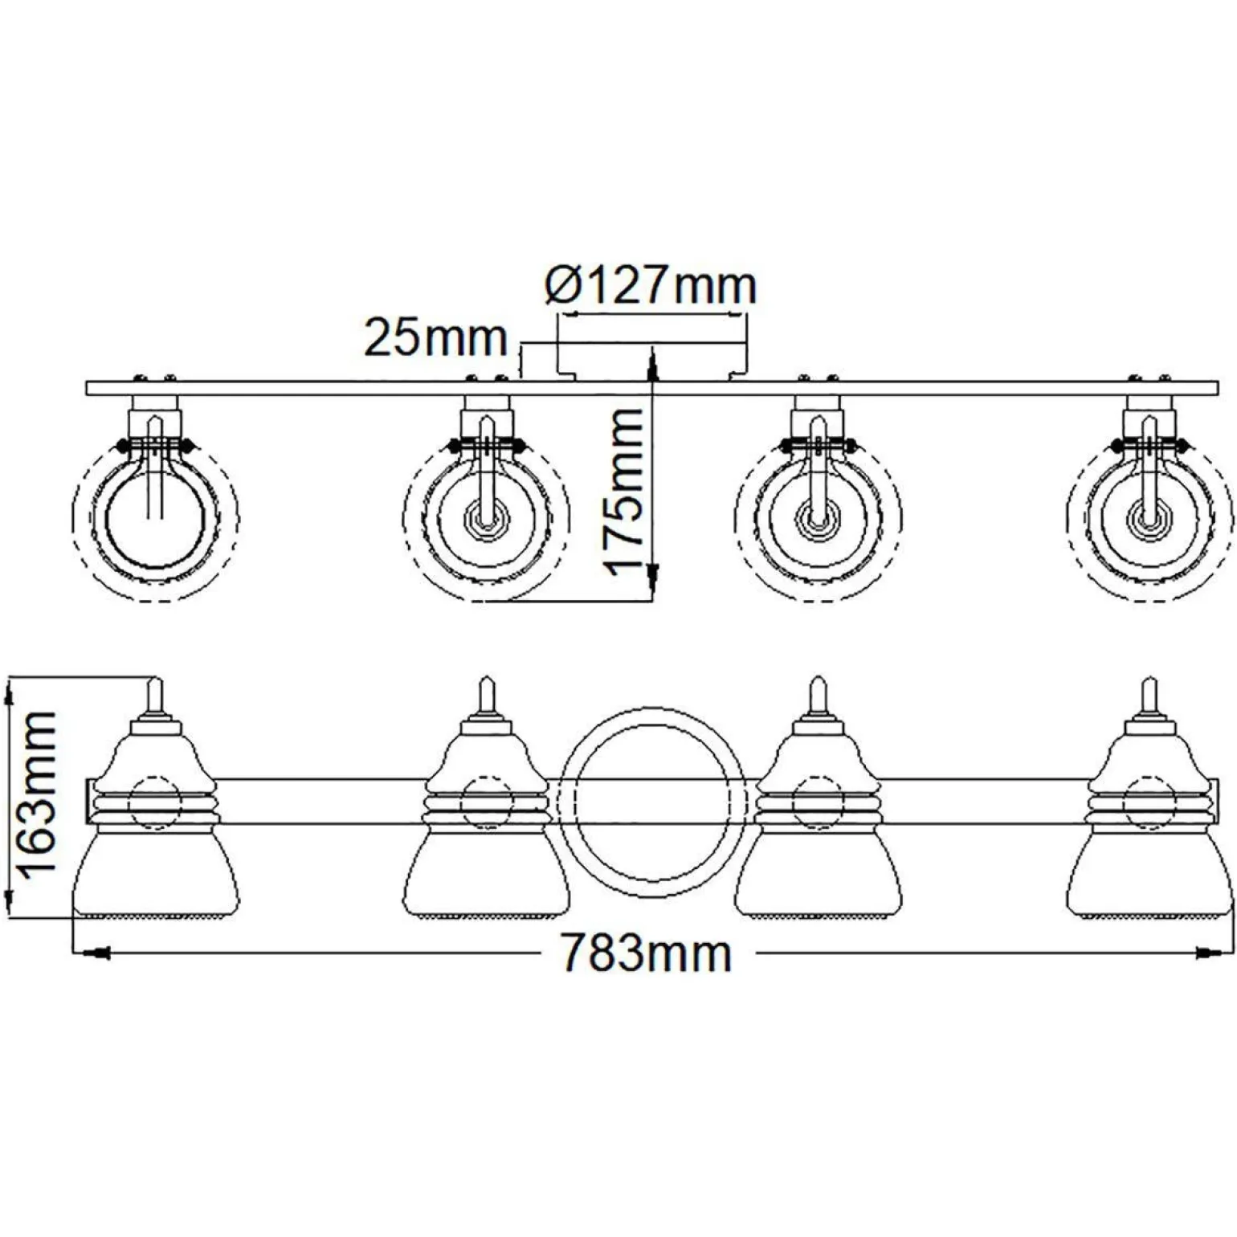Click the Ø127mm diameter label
(x=651, y=286)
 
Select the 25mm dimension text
(x=436, y=338)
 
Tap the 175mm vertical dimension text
(x=625, y=490)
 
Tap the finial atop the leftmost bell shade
(x=156, y=696)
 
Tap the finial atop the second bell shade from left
(x=486, y=696)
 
